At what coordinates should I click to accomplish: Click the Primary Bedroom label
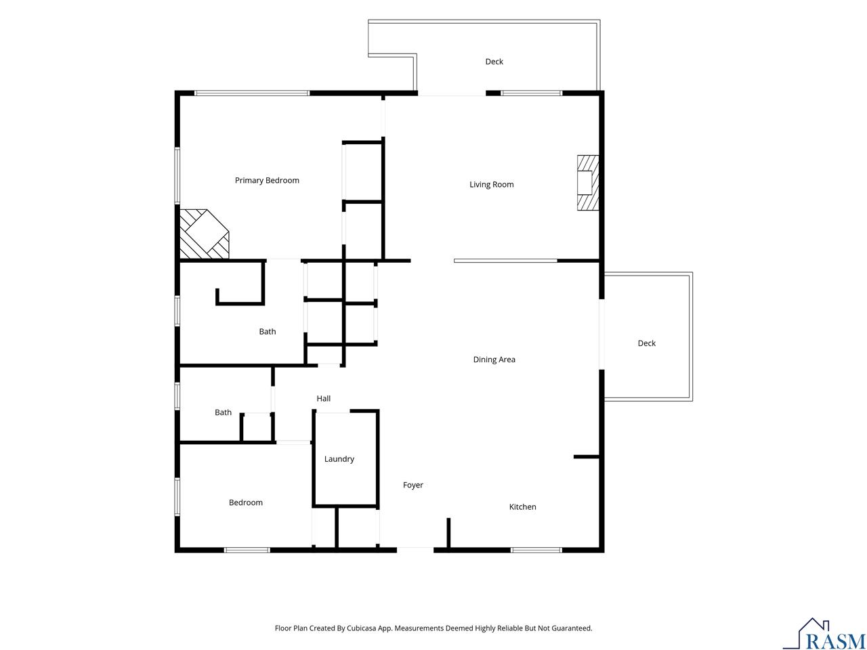point(267,180)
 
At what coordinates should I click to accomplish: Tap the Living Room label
point(491,184)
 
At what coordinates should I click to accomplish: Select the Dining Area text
point(494,359)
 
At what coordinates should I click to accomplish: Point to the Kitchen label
point(522,506)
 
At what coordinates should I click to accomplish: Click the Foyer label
point(413,485)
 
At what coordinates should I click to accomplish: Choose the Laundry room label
point(339,459)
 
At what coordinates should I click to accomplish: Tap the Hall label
point(323,399)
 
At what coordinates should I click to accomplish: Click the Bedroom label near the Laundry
point(245,502)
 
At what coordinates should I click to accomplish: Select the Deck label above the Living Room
point(494,62)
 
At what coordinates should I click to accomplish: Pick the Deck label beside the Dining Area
point(646,343)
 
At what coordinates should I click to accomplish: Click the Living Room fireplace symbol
point(588,183)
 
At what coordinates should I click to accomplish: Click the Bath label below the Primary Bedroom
point(267,332)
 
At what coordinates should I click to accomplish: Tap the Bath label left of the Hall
point(223,412)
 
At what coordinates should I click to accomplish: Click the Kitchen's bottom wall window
point(536,550)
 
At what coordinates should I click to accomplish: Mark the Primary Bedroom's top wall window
point(251,93)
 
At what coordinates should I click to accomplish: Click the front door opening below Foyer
point(415,550)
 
